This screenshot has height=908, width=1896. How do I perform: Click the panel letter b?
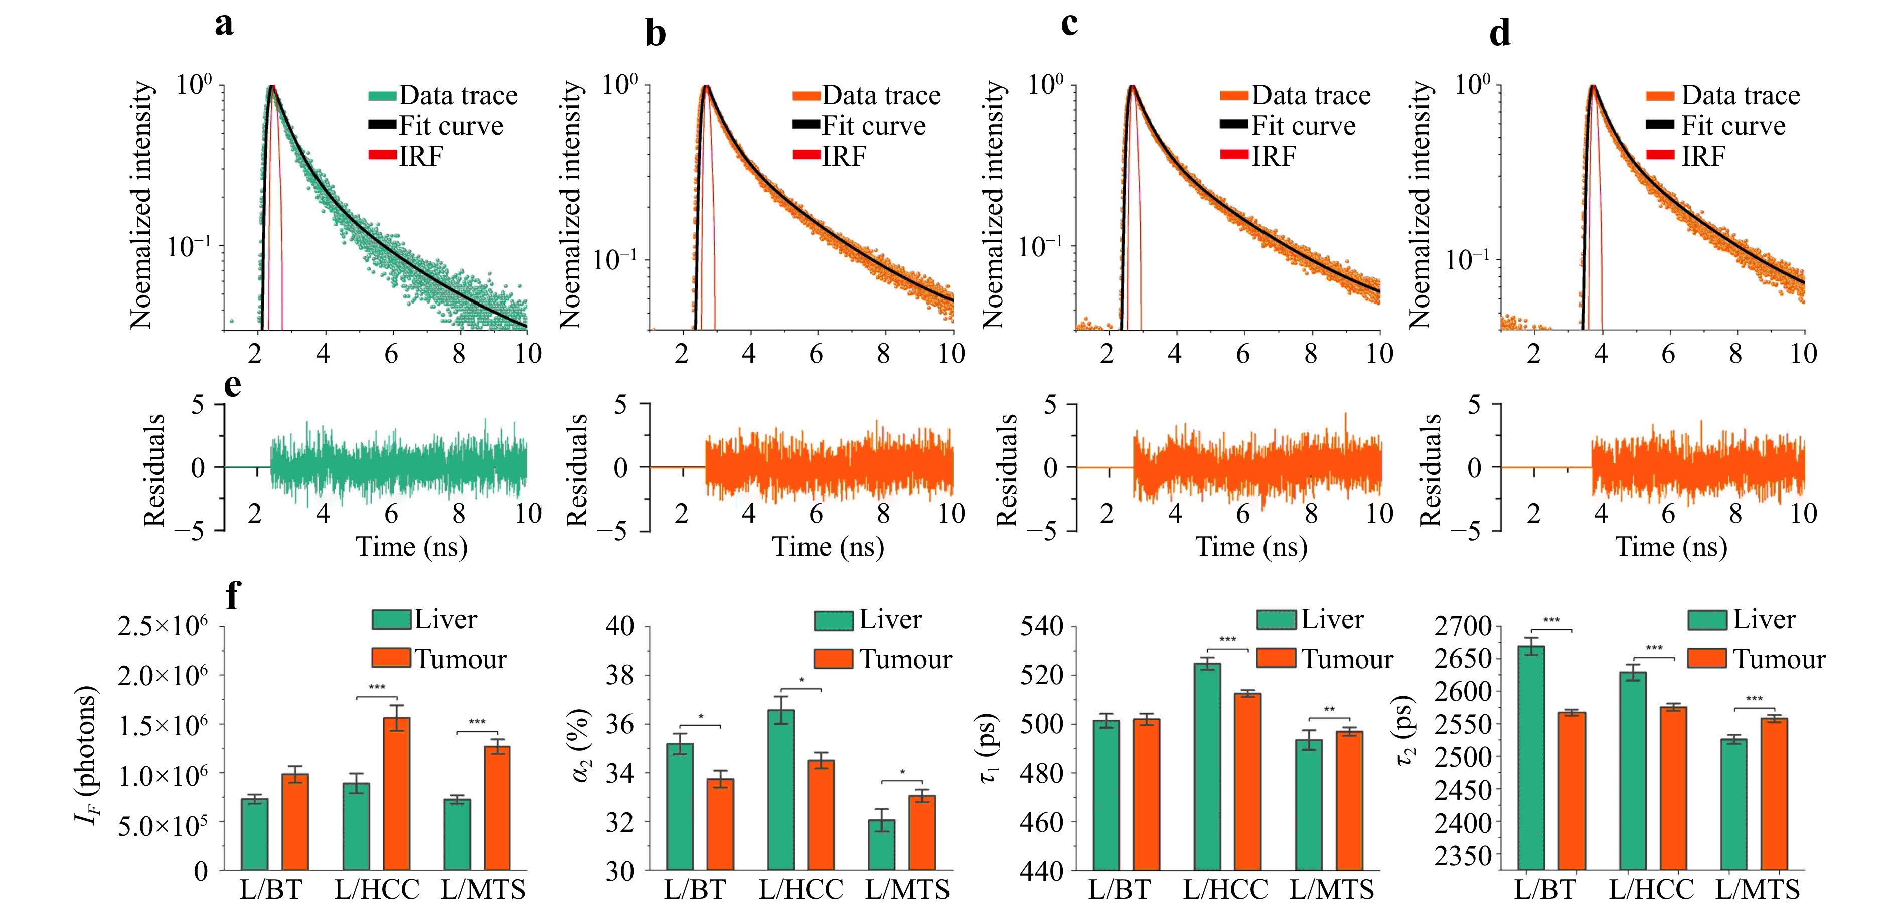(655, 34)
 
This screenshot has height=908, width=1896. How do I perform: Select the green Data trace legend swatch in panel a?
(382, 96)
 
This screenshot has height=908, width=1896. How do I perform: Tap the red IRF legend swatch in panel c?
(1234, 156)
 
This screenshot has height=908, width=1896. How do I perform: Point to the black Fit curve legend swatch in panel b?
(806, 125)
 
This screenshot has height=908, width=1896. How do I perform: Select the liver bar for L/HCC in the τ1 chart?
(1207, 767)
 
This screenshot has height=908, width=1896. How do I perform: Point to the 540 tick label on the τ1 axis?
(1041, 626)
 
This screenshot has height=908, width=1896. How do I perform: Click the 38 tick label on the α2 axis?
(620, 675)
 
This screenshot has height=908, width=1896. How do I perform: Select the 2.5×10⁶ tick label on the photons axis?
(163, 626)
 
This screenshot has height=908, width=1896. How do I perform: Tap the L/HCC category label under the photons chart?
(377, 889)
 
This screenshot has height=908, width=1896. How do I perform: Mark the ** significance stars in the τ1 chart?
(1329, 710)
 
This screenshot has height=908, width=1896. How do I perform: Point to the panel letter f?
(233, 595)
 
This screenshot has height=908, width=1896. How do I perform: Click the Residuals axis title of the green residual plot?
(154, 470)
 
